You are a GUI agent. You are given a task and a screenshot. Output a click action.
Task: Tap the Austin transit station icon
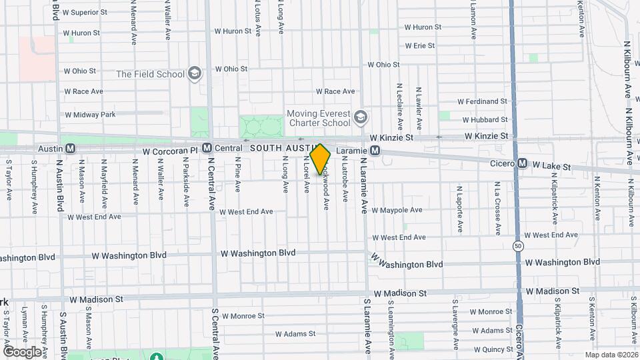point(69,148)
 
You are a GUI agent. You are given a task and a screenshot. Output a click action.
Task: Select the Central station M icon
point(207,148)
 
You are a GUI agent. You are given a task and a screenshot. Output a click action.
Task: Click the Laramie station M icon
point(375,151)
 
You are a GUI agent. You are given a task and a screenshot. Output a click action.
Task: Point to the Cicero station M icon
point(523,163)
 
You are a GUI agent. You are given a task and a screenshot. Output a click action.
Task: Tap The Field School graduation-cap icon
point(195,74)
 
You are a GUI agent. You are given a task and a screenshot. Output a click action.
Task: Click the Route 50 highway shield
point(518,246)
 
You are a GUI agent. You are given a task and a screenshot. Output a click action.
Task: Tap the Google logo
point(22,351)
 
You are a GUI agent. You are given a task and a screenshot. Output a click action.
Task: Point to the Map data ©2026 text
point(611,354)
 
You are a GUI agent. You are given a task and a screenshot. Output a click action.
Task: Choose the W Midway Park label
point(90,115)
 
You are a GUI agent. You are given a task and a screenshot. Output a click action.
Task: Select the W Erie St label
point(420,46)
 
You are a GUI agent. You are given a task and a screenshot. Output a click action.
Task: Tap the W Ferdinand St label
point(483,101)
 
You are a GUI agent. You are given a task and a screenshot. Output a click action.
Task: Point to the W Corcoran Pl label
point(170,151)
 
